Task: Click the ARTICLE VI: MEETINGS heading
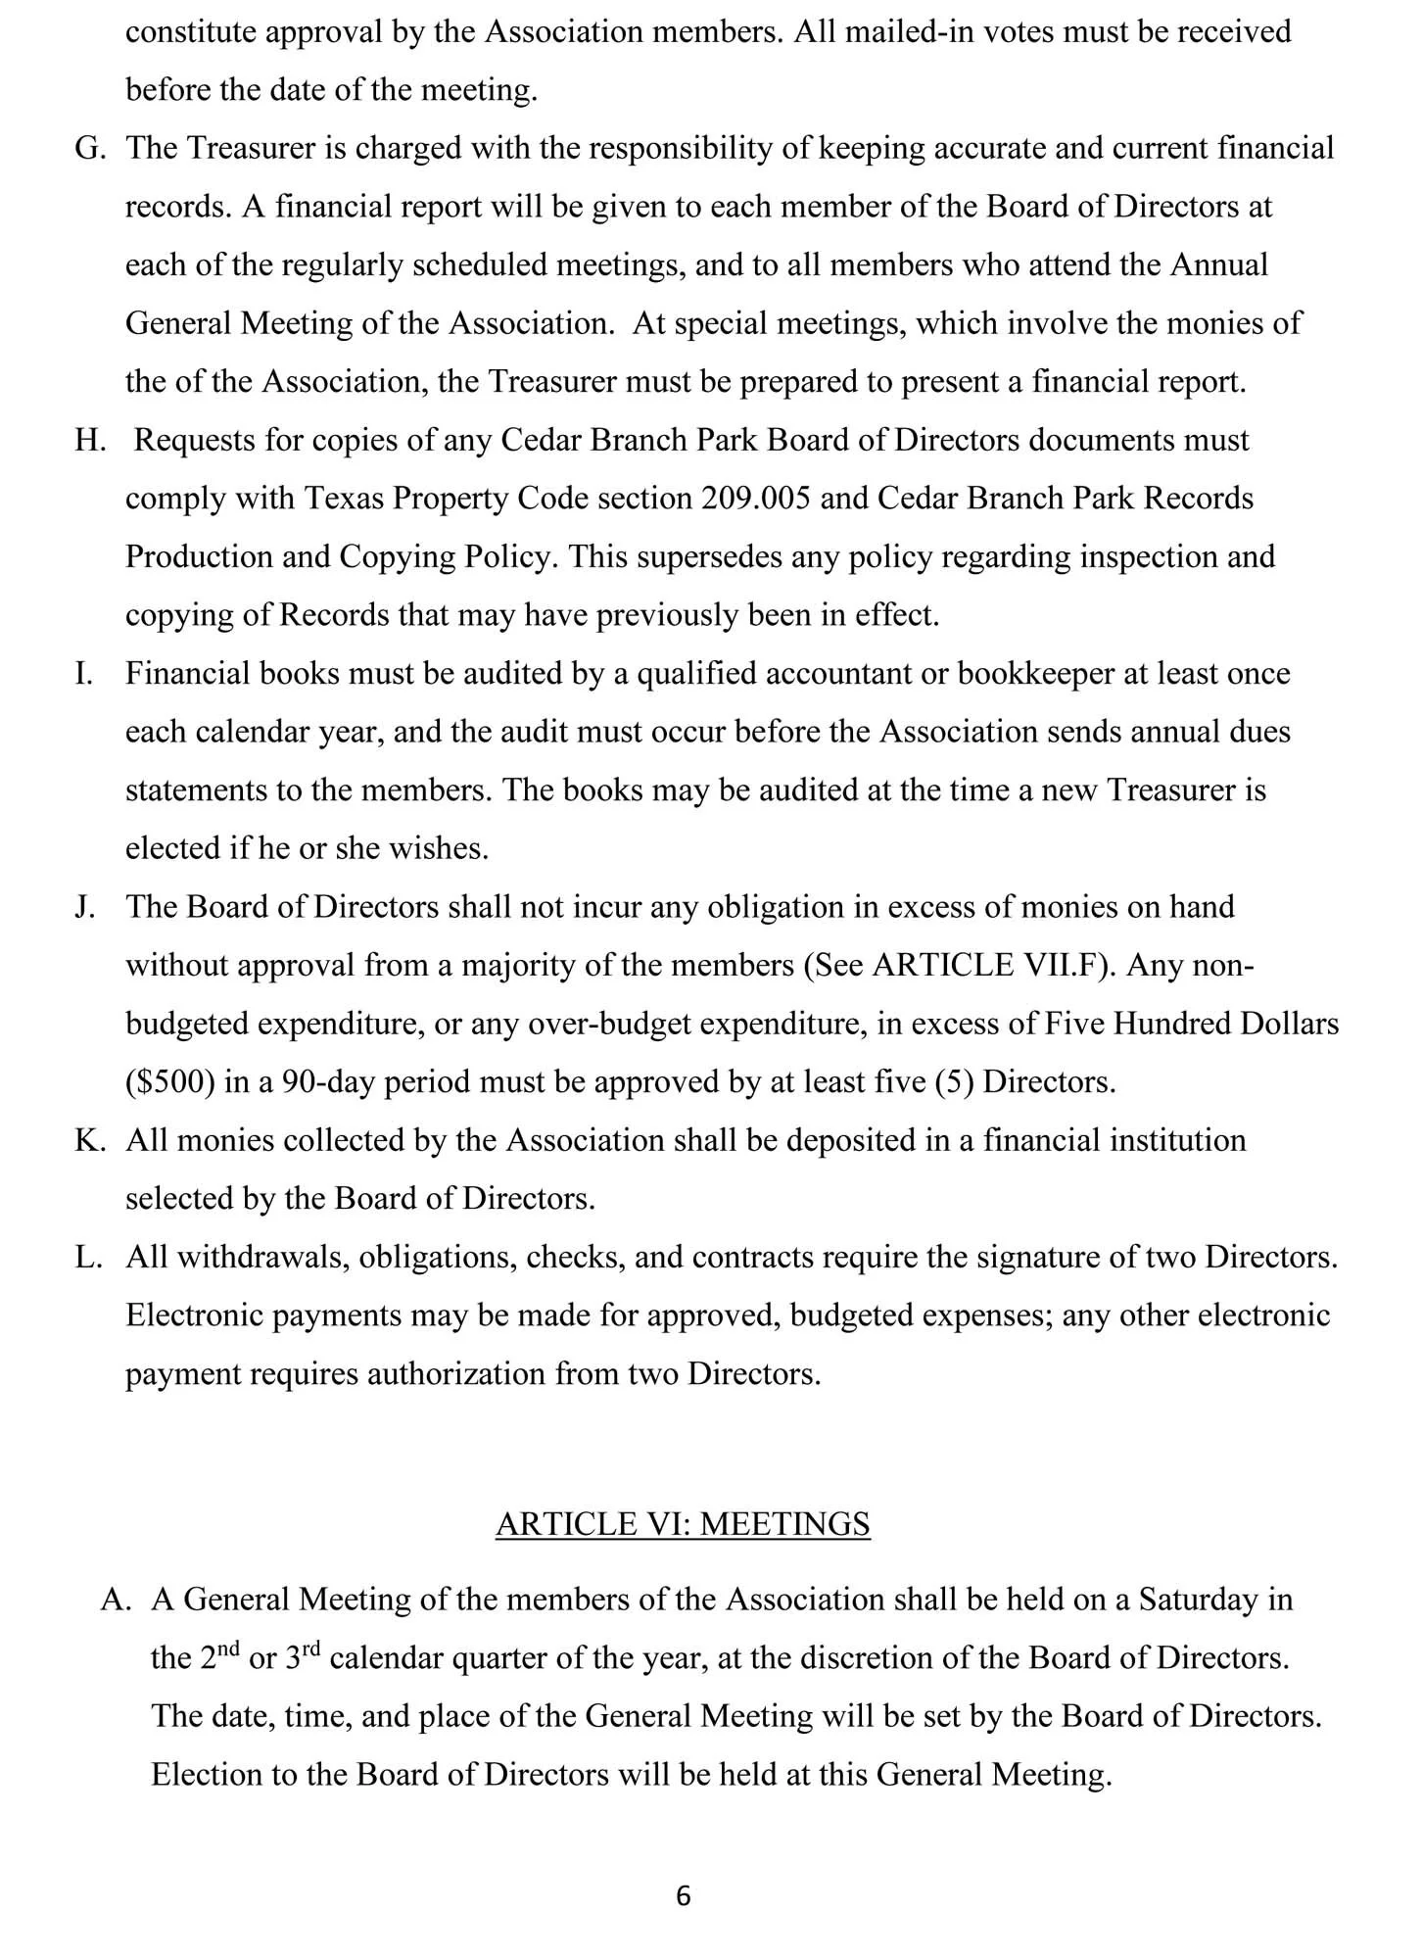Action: click(683, 1524)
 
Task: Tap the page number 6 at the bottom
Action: click(684, 1897)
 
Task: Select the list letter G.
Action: click(89, 149)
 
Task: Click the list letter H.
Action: click(89, 441)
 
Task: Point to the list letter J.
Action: click(85, 907)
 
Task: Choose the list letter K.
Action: click(89, 1141)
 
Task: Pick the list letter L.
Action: click(88, 1258)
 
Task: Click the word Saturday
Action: click(1199, 1600)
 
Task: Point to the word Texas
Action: click(343, 499)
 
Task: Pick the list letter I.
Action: click(83, 674)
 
